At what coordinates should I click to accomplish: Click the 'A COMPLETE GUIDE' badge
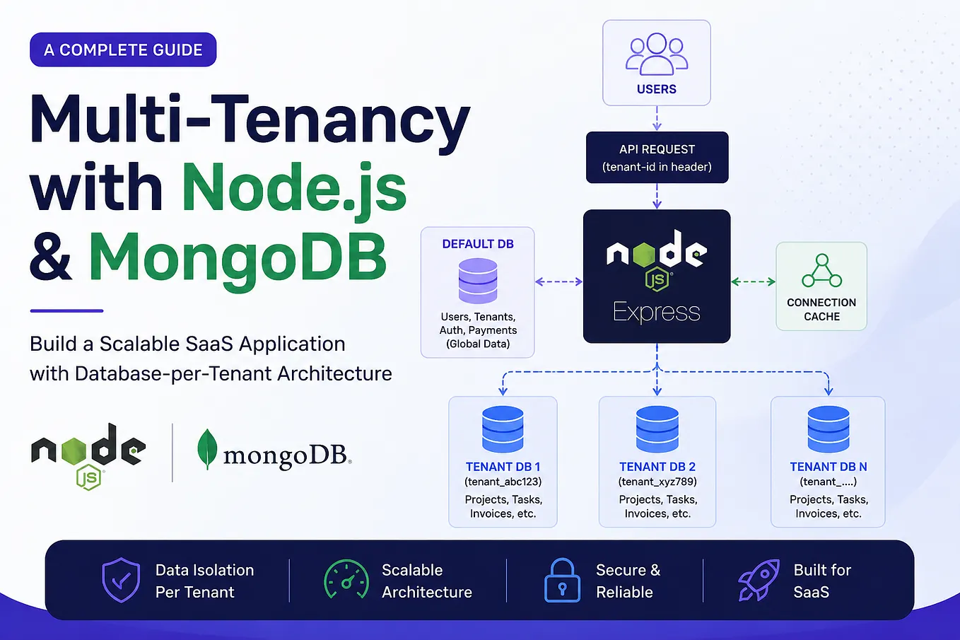pyautogui.click(x=123, y=50)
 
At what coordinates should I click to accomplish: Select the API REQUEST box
pyautogui.click(x=657, y=157)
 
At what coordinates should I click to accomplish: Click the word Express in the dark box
pyautogui.click(x=657, y=312)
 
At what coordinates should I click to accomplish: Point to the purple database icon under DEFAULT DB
pyautogui.click(x=478, y=281)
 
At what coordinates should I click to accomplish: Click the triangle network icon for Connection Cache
pyautogui.click(x=821, y=270)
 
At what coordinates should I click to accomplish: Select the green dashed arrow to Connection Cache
pyautogui.click(x=753, y=281)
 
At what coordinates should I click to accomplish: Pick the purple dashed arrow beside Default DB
pyautogui.click(x=559, y=281)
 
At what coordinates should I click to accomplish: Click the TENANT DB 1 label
pyautogui.click(x=503, y=467)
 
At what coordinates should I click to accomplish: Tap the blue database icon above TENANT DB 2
pyautogui.click(x=657, y=429)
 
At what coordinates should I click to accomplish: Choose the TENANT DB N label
pyautogui.click(x=829, y=467)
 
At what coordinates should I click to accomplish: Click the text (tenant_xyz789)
pyautogui.click(x=657, y=482)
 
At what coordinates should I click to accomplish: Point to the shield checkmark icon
pyautogui.click(x=121, y=580)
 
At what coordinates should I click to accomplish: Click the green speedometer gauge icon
pyautogui.click(x=346, y=578)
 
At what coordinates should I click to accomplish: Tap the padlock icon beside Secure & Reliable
pyautogui.click(x=562, y=580)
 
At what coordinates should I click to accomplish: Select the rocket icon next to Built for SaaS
pyautogui.click(x=759, y=580)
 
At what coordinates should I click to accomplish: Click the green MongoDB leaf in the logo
pyautogui.click(x=207, y=449)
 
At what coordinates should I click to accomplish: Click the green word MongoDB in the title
pyautogui.click(x=238, y=257)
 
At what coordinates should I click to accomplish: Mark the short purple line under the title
pyautogui.click(x=67, y=310)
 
